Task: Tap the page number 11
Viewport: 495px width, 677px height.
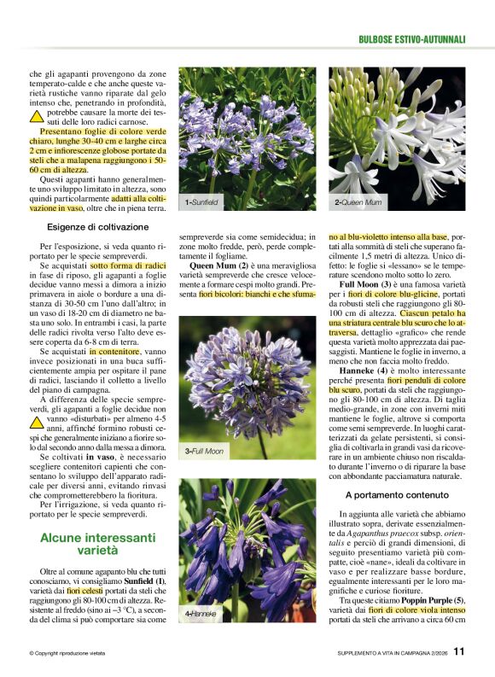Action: [x=459, y=653]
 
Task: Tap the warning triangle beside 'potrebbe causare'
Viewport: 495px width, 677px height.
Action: [x=37, y=116]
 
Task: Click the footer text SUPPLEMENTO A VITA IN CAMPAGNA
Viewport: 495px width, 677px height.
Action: [x=381, y=654]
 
